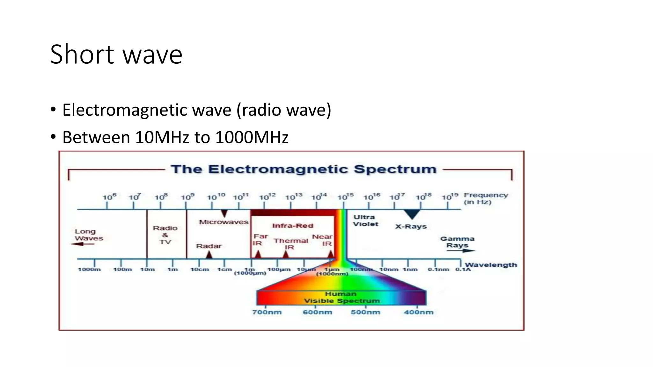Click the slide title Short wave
116,54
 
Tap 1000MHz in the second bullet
252,137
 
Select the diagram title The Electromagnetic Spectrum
303,169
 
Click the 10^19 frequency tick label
450,197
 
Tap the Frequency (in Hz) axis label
485,198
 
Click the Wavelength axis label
490,265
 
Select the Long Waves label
88,235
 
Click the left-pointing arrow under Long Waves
82,244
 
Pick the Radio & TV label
165,235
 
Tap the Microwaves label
224,222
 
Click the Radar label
209,246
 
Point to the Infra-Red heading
292,226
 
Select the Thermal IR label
290,244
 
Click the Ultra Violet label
365,220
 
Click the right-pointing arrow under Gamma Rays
460,251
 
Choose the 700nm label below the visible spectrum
267,312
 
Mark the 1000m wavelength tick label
89,270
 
